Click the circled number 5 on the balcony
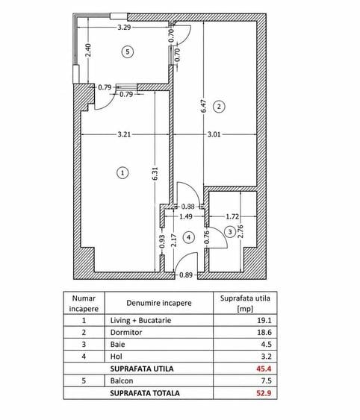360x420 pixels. [128, 51]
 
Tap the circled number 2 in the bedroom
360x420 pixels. [219, 107]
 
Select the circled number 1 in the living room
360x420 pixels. [122, 173]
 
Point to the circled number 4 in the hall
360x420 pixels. [189, 237]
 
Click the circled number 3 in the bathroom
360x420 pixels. [230, 232]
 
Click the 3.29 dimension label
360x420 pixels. [124, 28]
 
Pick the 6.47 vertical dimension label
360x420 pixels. [204, 106]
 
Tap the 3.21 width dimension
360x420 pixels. [124, 134]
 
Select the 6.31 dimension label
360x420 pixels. [155, 174]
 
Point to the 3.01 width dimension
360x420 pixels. [214, 134]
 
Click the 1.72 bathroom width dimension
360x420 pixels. [232, 216]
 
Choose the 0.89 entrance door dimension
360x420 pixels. [186, 275]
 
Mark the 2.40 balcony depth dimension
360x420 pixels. [89, 50]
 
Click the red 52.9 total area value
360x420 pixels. [264, 393]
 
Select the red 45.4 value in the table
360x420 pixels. [264, 369]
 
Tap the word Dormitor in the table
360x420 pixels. [126, 333]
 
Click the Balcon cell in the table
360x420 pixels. [122, 380]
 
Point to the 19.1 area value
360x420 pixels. [264, 320]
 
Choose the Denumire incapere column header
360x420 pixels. [159, 303]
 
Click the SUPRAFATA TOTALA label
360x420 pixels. [145, 393]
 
